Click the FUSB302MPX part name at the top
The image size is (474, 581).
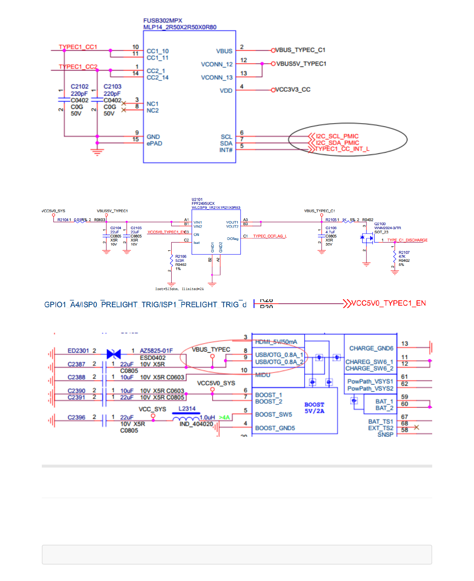[163, 20]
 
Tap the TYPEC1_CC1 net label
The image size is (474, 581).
[78, 47]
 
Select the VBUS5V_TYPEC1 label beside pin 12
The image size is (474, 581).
[301, 64]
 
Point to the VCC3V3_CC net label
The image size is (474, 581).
[293, 90]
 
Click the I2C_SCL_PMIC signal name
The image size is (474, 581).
[337, 136]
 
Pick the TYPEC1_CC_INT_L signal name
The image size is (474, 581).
[342, 149]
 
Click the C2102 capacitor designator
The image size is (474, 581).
[80, 86]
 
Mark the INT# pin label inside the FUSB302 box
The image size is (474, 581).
[225, 150]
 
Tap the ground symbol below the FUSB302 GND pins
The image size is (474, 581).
[97, 151]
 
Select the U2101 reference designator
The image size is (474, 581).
[197, 199]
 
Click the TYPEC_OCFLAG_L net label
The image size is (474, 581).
[270, 236]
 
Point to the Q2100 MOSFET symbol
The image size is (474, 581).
[367, 238]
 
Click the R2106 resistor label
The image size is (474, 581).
[180, 257]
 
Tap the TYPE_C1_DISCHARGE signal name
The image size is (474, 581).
[407, 240]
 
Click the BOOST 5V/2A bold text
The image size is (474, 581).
[314, 408]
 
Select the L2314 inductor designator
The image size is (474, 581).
[187, 408]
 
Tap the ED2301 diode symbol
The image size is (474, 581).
[114, 353]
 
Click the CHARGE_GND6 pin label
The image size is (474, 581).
[371, 348]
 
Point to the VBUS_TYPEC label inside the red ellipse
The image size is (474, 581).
[211, 349]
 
